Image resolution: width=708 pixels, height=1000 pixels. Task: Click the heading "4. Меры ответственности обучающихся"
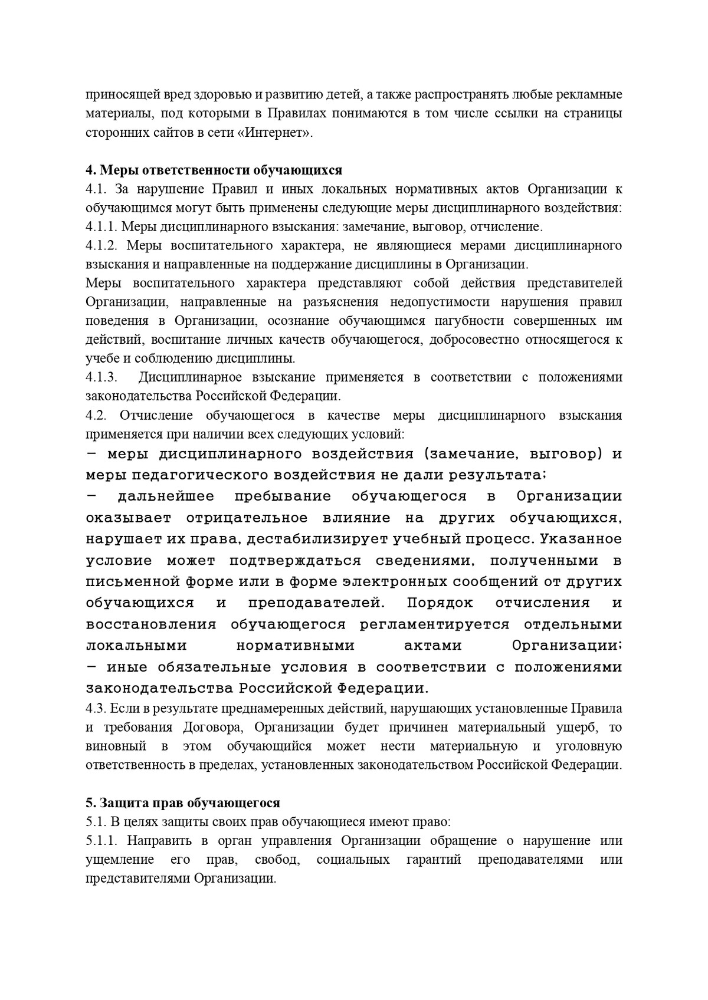[214, 170]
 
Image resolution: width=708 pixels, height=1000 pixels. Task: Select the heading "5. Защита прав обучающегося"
[182, 803]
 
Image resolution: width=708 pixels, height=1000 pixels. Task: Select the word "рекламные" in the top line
[591, 95]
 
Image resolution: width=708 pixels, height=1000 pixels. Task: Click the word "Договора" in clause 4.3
[207, 727]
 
